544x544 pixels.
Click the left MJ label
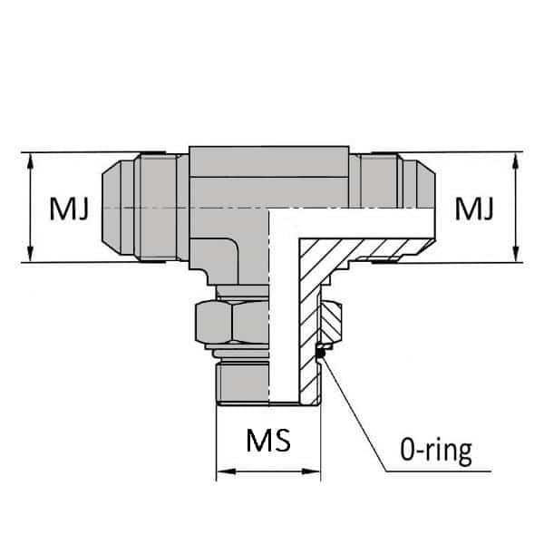69,210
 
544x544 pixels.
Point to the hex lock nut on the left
229,322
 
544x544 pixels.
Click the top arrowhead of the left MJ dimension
31,160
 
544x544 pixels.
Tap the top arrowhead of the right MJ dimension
515,160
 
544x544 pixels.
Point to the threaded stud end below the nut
243,381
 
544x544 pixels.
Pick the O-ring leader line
358,417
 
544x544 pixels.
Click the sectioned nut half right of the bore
332,322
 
